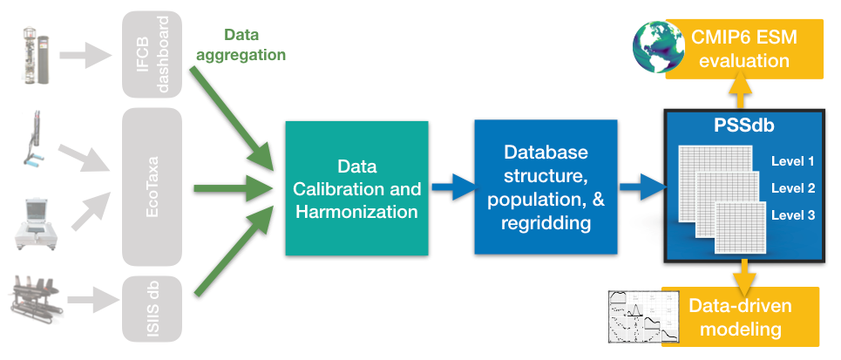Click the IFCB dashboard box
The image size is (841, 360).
click(152, 54)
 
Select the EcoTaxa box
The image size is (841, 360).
click(152, 187)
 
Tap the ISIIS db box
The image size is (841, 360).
click(152, 309)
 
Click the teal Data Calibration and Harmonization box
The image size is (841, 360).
click(356, 187)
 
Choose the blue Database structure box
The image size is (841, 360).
click(546, 187)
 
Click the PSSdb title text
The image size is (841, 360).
click(742, 127)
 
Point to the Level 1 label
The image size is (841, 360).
click(792, 161)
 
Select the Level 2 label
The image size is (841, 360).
click(792, 187)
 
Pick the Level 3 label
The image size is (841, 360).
click(792, 214)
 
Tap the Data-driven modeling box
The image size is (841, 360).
click(741, 317)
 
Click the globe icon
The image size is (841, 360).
click(660, 47)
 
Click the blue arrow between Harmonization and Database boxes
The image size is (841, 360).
click(451, 186)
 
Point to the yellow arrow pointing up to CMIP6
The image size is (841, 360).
click(740, 91)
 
